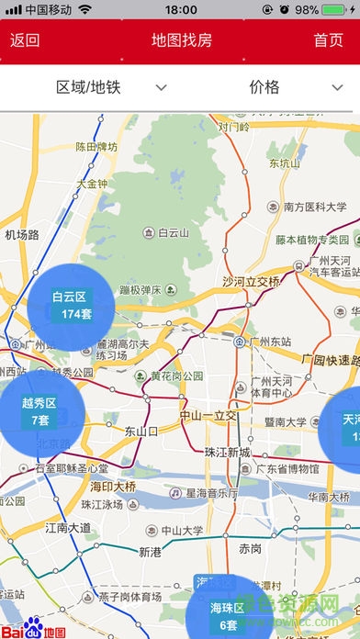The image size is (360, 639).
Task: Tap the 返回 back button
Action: (x=25, y=40)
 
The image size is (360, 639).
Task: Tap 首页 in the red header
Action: (x=328, y=40)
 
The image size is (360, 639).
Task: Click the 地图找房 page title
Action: (x=181, y=40)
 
